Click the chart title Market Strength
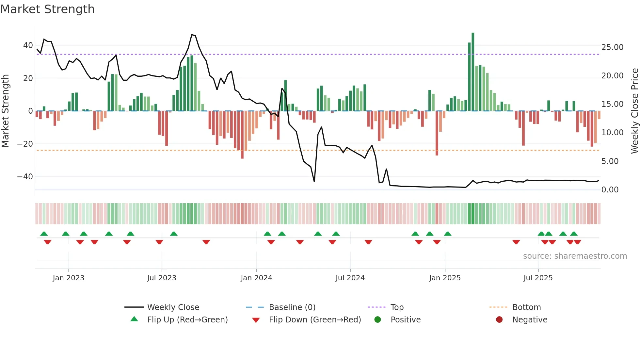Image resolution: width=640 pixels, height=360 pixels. [x=47, y=9]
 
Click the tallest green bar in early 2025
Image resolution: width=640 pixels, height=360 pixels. [x=473, y=72]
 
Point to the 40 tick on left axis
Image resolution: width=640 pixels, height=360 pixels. [x=28, y=45]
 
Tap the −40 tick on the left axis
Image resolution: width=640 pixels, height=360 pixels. [x=25, y=177]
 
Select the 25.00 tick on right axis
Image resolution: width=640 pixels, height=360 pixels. [x=612, y=47]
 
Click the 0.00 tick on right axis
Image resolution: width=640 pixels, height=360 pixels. [x=610, y=190]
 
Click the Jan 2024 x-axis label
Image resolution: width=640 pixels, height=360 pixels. [x=256, y=278]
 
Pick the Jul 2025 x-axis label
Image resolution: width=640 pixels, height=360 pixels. [x=538, y=278]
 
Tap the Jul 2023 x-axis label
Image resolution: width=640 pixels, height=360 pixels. [x=162, y=278]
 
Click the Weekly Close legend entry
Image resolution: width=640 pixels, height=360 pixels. [x=173, y=307]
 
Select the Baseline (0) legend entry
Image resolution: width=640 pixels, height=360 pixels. [x=292, y=307]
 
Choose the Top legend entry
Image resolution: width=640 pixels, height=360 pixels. [x=397, y=307]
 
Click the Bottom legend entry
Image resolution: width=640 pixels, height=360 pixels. [x=526, y=307]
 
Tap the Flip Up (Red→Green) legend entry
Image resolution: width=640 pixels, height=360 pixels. [x=187, y=320]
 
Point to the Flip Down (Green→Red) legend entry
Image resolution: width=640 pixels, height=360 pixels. [x=315, y=320]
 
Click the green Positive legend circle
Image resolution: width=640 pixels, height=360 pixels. [x=378, y=320]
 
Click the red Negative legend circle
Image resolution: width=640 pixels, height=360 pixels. [x=499, y=320]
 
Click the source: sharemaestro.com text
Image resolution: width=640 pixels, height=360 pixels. [x=575, y=256]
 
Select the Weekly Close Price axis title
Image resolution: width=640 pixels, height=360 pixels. [x=634, y=111]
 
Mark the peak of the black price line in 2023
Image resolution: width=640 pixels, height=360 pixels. [x=192, y=35]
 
